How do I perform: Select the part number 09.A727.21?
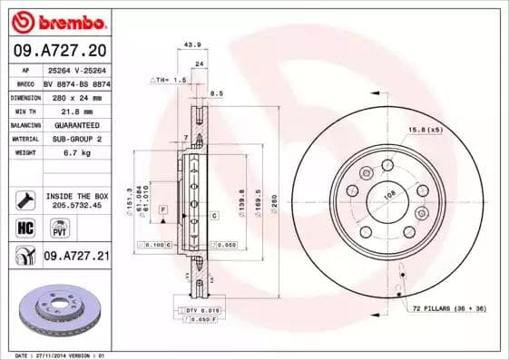pos(76,257)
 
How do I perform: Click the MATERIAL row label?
pos(24,139)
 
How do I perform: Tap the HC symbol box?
pos(24,227)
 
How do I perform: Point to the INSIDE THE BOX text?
pos(75,196)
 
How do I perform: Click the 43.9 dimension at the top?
pos(192,44)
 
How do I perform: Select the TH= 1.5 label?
pos(168,80)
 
